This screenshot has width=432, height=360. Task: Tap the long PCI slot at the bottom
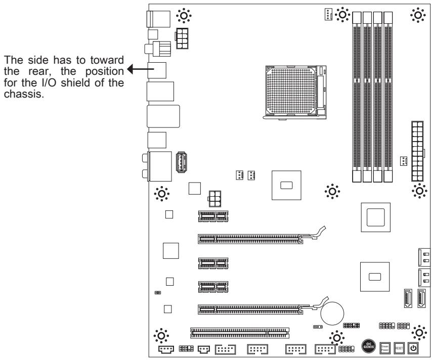[x=239, y=333]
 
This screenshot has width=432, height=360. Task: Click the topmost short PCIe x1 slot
[x=213, y=216]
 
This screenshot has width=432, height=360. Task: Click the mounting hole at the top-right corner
[x=419, y=15]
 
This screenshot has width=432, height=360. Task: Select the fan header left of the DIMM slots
[x=329, y=15]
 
